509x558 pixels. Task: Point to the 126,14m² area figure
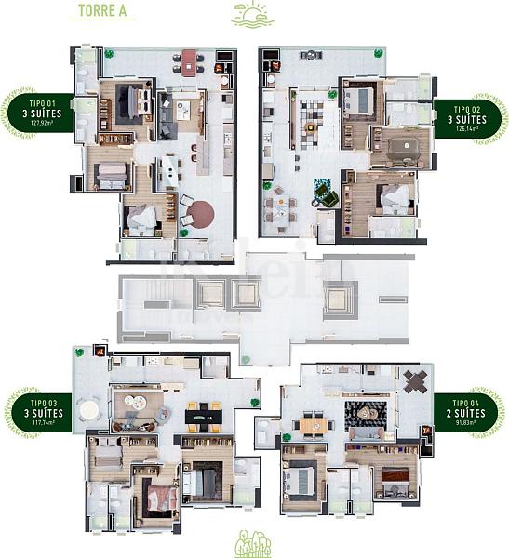click(468, 129)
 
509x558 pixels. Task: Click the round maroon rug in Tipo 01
click(198, 215)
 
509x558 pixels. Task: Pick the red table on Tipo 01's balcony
click(190, 63)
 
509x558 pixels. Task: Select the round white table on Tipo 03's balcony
click(89, 410)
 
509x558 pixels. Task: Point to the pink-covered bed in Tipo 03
click(162, 499)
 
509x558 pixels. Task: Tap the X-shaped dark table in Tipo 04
click(415, 379)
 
